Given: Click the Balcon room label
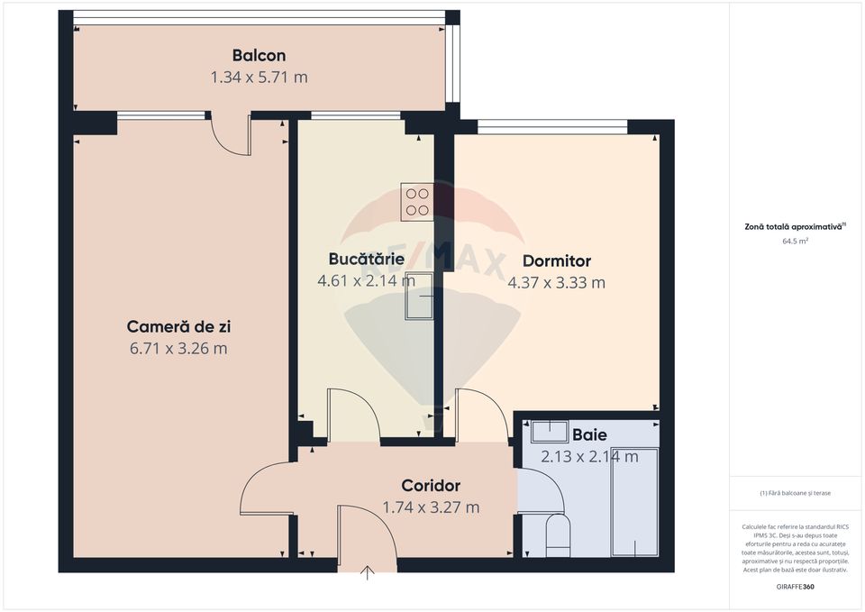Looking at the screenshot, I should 259,56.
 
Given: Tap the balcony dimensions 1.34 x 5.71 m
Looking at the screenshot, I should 259,78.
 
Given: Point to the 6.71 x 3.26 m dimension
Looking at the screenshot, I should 178,349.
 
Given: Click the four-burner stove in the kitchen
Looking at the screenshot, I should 417,202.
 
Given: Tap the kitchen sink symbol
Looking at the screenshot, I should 420,296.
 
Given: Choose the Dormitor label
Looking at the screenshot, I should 557,261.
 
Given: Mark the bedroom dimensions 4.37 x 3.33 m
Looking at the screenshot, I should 557,283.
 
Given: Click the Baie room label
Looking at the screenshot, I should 589,435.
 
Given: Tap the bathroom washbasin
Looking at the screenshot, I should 547,431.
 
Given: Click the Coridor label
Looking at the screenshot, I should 431,486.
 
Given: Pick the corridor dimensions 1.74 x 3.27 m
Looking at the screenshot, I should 431,507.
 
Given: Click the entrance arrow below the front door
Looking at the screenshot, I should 368,573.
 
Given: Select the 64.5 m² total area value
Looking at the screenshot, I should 795,242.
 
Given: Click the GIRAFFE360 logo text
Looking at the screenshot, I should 796,587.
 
